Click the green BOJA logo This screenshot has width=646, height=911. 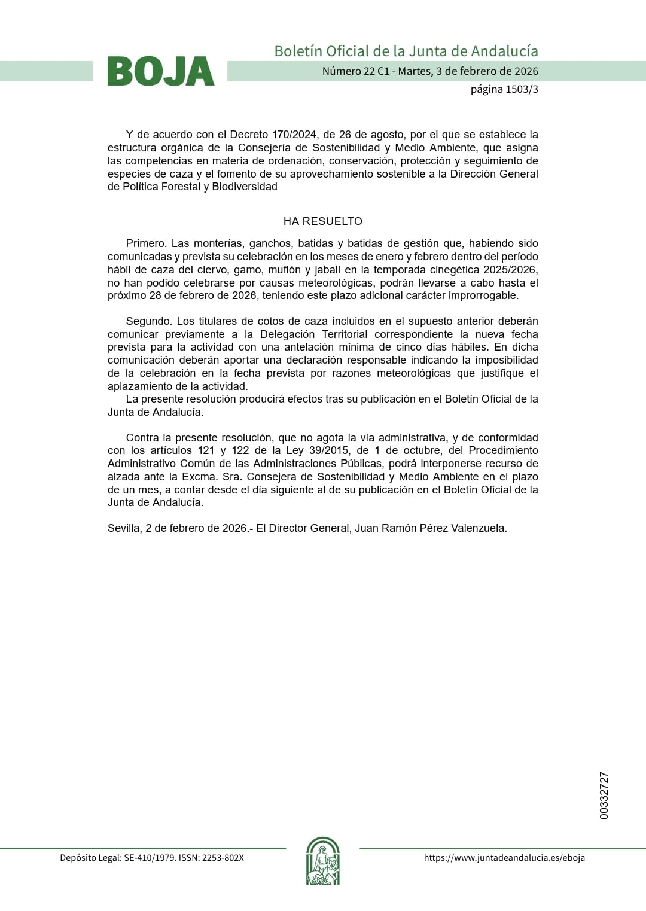click(160, 71)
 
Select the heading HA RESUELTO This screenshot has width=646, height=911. click(323, 221)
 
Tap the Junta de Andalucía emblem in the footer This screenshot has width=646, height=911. click(323, 861)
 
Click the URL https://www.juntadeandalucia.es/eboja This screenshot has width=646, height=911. click(504, 857)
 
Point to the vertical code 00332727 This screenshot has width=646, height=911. click(604, 796)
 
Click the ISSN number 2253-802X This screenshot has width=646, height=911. click(223, 857)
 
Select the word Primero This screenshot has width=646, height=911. click(145, 243)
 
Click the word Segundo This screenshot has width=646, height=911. click(148, 321)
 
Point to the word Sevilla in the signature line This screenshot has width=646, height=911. click(123, 528)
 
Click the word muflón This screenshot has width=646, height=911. click(285, 270)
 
